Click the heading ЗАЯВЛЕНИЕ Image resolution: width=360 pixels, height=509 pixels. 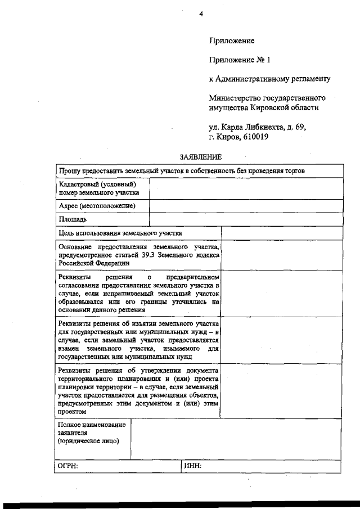(201, 157)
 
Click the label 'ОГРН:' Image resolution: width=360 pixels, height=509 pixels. (68, 466)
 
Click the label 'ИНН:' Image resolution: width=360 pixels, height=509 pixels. (192, 466)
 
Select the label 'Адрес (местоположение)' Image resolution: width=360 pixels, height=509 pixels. (97, 206)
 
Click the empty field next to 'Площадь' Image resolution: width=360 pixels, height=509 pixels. (245, 219)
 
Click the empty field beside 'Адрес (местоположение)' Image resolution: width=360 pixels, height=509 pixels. (245, 206)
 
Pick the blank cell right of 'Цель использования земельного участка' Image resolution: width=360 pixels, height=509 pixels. (281, 232)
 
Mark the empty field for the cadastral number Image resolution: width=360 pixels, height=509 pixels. (245, 188)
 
